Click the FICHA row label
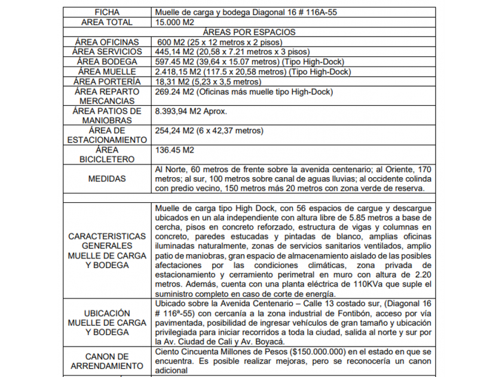click(x=107, y=12)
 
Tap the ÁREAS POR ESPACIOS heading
click(x=249, y=32)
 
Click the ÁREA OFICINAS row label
click(x=107, y=42)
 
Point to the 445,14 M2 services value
click(x=173, y=51)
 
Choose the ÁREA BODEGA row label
click(x=107, y=62)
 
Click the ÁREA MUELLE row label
click(x=107, y=71)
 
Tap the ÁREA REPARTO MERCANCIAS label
click(x=107, y=96)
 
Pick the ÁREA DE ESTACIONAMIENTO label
click(x=107, y=135)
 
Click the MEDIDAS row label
click(x=107, y=178)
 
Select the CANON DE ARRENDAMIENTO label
click(x=107, y=361)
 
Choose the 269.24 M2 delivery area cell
click(x=173, y=92)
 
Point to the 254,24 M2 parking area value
click(x=173, y=130)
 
